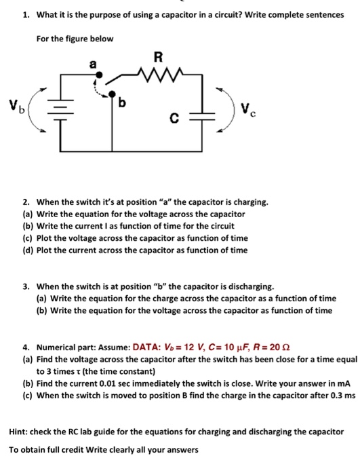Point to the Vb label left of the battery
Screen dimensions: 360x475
pos(16,105)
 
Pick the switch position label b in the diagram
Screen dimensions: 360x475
pos(123,102)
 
